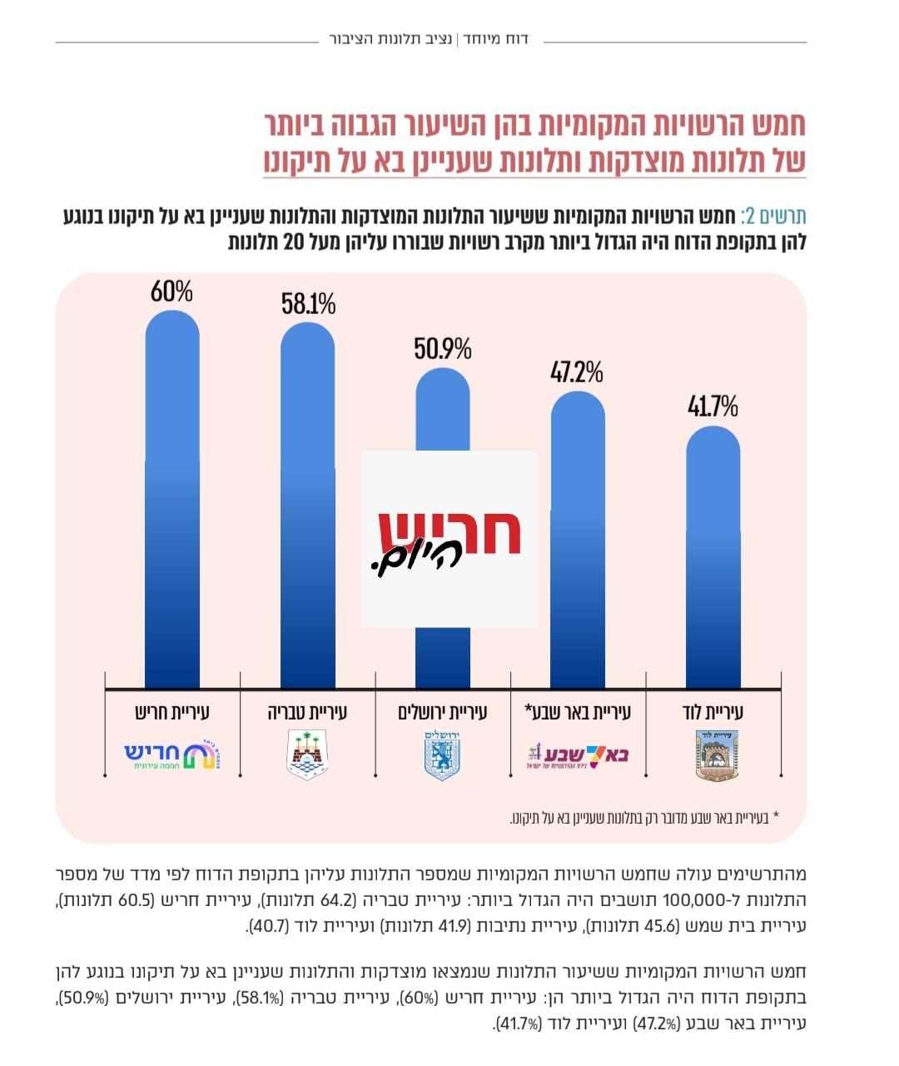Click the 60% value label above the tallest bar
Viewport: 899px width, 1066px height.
171,291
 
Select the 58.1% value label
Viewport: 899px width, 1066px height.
308,304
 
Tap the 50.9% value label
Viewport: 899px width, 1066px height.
443,348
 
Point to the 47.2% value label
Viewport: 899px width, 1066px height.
577,372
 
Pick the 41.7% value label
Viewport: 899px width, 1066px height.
713,406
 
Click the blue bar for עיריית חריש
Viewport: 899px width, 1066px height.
172,500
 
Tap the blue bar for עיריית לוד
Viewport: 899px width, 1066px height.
713,558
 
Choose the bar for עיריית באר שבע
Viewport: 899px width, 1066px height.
579,541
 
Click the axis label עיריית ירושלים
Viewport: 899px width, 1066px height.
443,712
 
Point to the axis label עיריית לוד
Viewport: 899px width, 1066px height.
713,712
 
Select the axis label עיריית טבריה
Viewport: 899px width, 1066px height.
308,712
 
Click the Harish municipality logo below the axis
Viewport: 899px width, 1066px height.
172,755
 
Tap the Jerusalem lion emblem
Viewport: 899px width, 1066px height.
443,755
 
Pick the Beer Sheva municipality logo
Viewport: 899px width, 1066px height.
577,755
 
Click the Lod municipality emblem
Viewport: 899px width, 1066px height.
713,755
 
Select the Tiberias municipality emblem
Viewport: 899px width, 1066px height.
307,755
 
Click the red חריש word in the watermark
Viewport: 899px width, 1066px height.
449,531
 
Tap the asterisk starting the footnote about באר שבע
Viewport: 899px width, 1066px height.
776,816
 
